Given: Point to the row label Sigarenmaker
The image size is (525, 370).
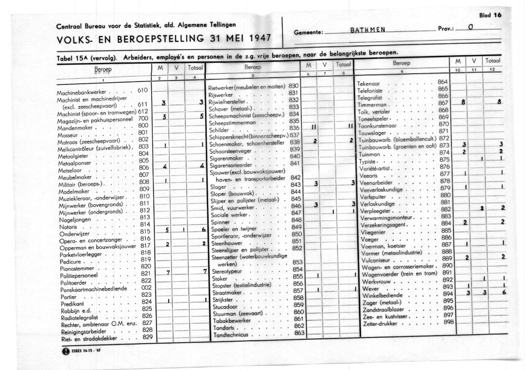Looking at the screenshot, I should pos(226,157).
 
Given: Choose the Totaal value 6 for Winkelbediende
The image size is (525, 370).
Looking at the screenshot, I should pos(504,292).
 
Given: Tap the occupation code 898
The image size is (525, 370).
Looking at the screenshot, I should pos(449,321).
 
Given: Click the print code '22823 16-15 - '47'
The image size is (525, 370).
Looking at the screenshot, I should pos(86,351).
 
